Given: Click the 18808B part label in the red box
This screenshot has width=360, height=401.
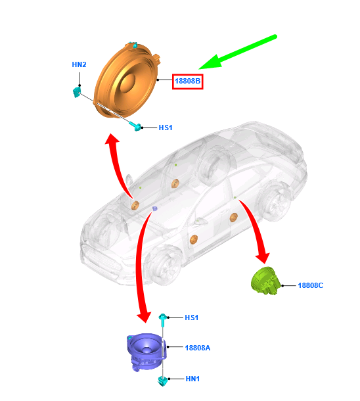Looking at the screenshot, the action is pyautogui.click(x=187, y=81).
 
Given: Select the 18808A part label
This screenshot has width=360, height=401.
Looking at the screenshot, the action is pyautogui.click(x=198, y=348).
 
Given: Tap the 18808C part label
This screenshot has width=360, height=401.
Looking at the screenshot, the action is pyautogui.click(x=311, y=285).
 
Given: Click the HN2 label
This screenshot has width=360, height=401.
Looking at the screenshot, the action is pyautogui.click(x=79, y=64).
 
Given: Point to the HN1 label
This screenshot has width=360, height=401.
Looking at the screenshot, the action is pyautogui.click(x=192, y=379).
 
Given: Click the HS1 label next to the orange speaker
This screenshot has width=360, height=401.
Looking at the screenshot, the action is pyautogui.click(x=166, y=128).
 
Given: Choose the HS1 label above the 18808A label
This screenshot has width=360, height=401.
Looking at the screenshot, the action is pyautogui.click(x=191, y=318).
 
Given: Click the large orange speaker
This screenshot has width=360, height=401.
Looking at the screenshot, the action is pyautogui.click(x=127, y=80).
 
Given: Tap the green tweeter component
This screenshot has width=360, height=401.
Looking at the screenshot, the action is pyautogui.click(x=265, y=281).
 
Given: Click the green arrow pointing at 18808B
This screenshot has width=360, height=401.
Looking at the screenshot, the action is pyautogui.click(x=238, y=52).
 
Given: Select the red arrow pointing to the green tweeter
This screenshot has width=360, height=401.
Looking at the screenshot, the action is pyautogui.click(x=256, y=229).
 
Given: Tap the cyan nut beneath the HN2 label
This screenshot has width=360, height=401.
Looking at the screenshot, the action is pyautogui.click(x=77, y=92).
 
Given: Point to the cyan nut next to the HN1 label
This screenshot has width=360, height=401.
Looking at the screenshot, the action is pyautogui.click(x=163, y=381).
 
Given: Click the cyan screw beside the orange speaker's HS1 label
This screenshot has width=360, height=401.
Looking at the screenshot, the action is pyautogui.click(x=135, y=126).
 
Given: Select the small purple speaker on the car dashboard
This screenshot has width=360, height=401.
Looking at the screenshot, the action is pyautogui.click(x=154, y=208).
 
